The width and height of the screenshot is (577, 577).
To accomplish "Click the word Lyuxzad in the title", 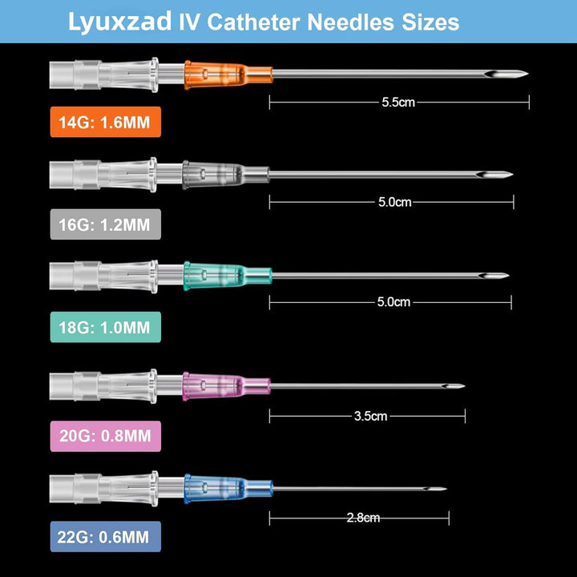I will click(118, 22).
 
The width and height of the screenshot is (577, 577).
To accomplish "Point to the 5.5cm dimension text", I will click(399, 102).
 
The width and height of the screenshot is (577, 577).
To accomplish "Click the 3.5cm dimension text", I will click(370, 416).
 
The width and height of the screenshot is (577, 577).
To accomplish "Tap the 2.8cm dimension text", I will click(363, 518).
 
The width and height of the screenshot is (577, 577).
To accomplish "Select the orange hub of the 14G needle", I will click(210, 75).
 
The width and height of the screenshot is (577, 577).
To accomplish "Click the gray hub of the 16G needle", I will click(210, 173).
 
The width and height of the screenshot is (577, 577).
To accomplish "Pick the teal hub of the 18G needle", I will click(210, 276).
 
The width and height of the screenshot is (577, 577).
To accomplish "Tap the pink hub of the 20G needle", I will click(210, 386).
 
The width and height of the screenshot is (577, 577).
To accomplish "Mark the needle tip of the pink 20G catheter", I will click(462, 387).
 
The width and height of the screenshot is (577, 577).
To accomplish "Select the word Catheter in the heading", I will click(255, 22).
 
